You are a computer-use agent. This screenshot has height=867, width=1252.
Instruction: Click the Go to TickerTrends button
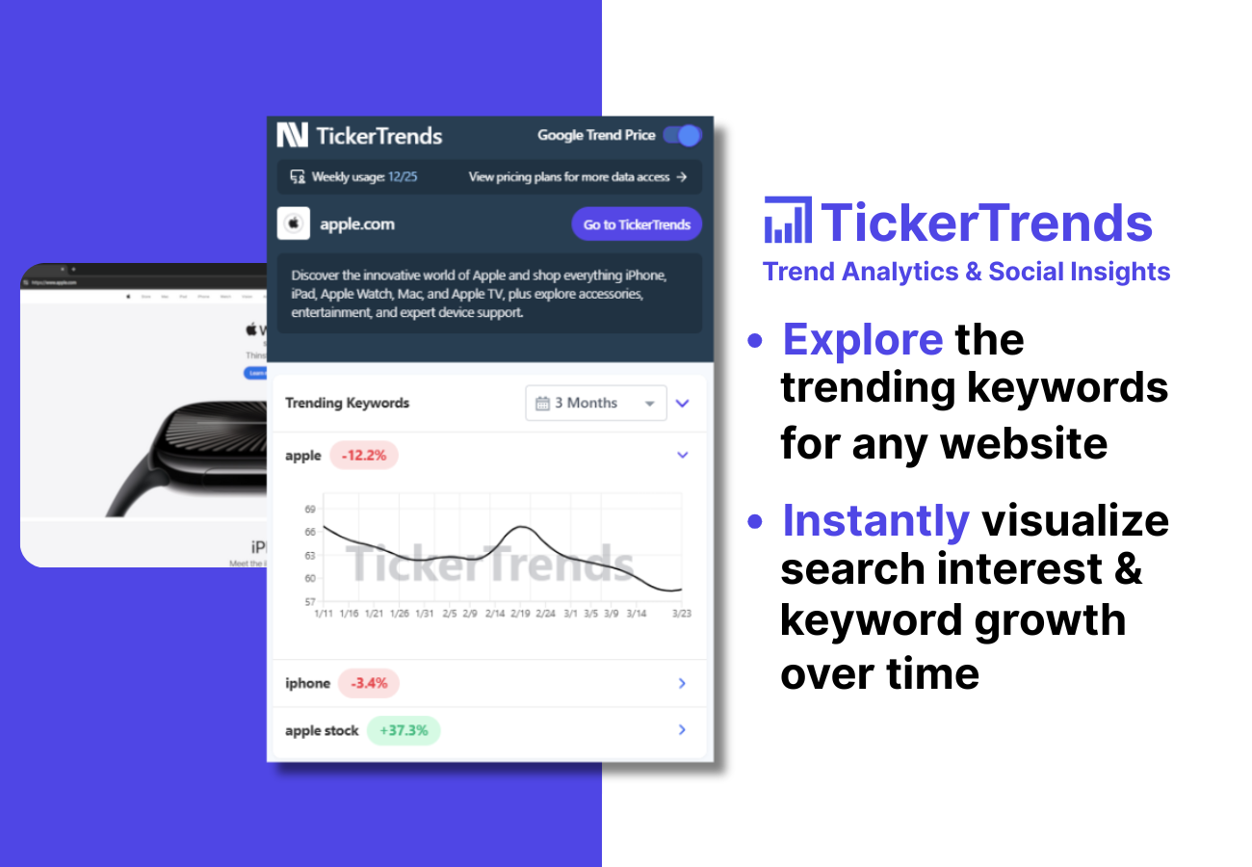(x=637, y=224)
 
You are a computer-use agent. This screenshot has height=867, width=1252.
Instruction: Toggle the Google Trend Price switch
(x=682, y=136)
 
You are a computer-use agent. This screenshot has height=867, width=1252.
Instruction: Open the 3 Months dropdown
(x=596, y=403)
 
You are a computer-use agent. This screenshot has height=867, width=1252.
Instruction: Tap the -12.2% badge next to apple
(x=363, y=456)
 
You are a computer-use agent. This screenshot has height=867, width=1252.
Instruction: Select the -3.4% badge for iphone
(x=369, y=683)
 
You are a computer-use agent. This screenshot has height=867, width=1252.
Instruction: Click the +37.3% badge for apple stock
(x=404, y=730)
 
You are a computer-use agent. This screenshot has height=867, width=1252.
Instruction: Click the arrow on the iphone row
(x=682, y=683)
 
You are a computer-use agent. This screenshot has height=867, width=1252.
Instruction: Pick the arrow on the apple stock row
(x=682, y=730)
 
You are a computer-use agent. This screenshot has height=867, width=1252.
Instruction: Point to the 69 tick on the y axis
(x=310, y=509)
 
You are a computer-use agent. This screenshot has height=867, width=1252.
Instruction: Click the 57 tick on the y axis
(x=310, y=601)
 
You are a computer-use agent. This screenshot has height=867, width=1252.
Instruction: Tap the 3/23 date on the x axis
(x=682, y=613)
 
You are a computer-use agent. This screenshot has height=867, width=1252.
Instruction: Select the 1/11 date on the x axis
(x=325, y=613)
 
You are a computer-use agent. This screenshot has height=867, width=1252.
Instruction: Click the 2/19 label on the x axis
(x=520, y=613)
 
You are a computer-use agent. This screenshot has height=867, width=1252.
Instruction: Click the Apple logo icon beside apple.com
(x=294, y=224)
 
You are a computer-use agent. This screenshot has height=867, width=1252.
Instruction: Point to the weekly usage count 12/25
(x=403, y=177)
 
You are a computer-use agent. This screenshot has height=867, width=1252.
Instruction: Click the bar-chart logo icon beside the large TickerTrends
(x=787, y=221)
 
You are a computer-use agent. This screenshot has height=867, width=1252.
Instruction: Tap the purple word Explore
(x=862, y=340)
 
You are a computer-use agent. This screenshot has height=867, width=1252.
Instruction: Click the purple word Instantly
(x=875, y=521)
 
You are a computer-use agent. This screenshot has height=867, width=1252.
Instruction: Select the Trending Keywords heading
(x=347, y=403)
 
